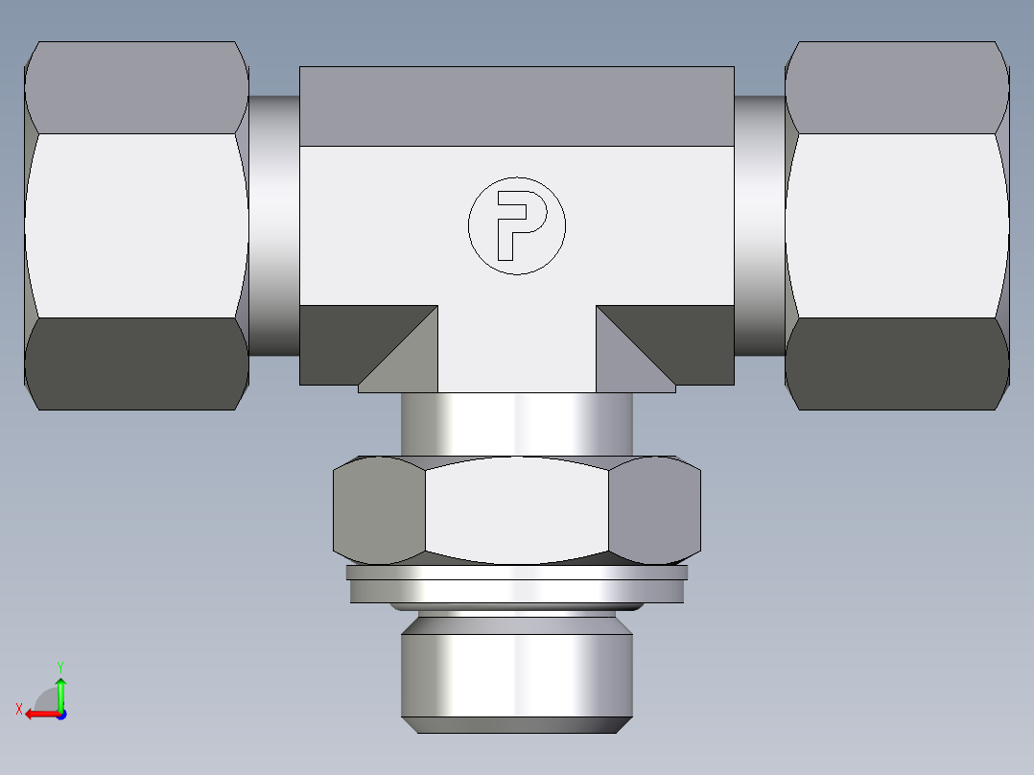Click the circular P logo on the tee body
pyautogui.click(x=516, y=225)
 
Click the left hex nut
pyautogui.click(x=136, y=225)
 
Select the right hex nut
pyautogui.click(x=896, y=225)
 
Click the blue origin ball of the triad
pyautogui.click(x=60, y=715)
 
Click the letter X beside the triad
pyautogui.click(x=19, y=709)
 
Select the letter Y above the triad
pyautogui.click(x=59, y=665)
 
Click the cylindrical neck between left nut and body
pyautogui.click(x=274, y=225)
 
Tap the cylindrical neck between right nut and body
pyautogui.click(x=760, y=225)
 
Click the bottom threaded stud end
pyautogui.click(x=516, y=671)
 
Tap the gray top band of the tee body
pyautogui.click(x=516, y=106)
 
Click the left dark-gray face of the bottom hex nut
pyautogui.click(x=379, y=509)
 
